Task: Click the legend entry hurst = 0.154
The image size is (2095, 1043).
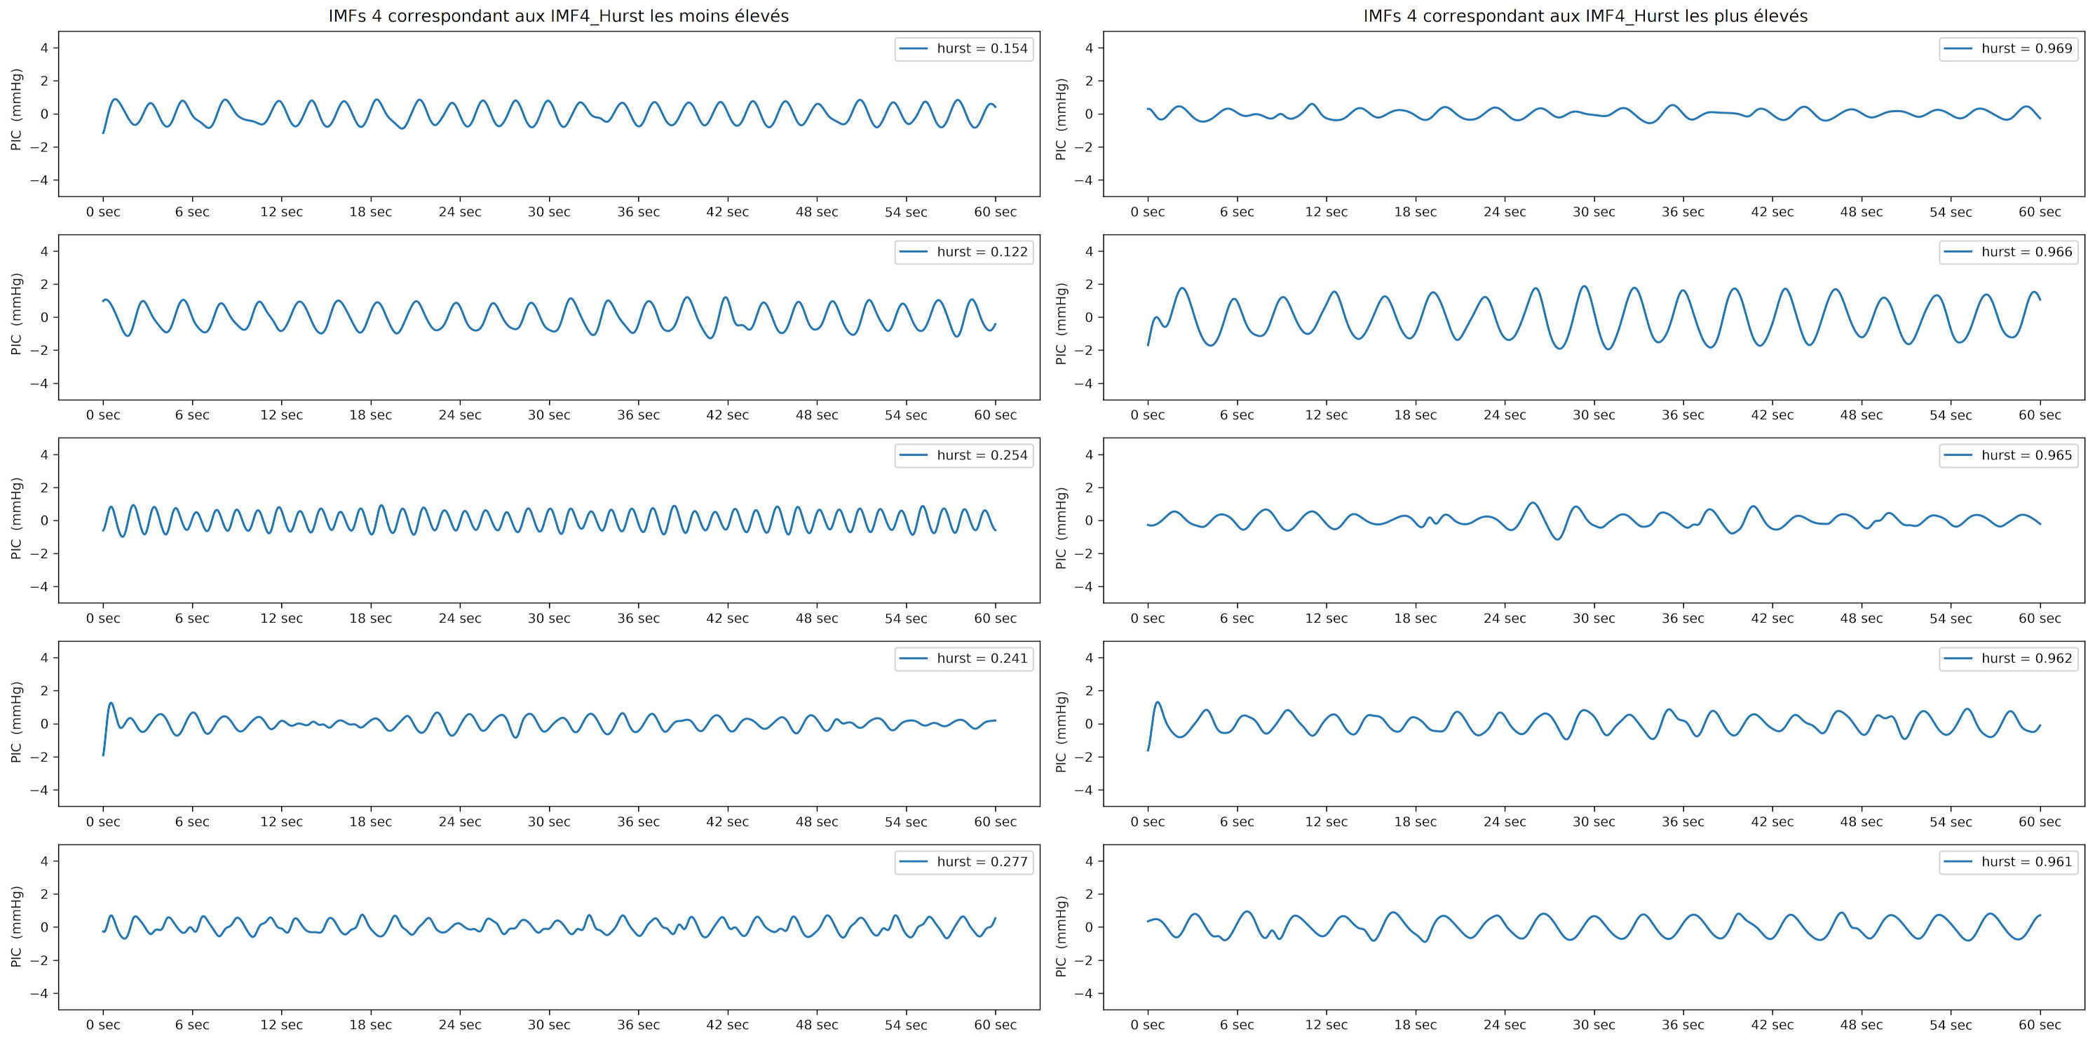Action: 964,49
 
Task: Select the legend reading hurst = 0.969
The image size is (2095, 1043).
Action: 2008,49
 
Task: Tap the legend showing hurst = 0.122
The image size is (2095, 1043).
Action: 964,253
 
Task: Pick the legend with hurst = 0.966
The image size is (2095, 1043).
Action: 2008,253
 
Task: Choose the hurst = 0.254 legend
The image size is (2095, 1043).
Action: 964,456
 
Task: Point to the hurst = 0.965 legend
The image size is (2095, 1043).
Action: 2008,456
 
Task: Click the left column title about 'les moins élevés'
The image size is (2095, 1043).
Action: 558,16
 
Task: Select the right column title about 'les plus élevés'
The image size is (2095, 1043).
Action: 1585,16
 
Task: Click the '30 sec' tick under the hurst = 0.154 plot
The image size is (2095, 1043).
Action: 549,213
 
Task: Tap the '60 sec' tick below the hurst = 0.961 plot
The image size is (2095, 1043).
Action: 2040,1025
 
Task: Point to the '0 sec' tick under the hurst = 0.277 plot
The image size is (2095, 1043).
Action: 103,1025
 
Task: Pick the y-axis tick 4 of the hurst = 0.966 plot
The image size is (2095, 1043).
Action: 1089,251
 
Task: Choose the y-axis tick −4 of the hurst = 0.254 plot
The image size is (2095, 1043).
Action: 39,586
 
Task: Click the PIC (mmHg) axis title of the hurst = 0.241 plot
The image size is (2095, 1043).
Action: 16,722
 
